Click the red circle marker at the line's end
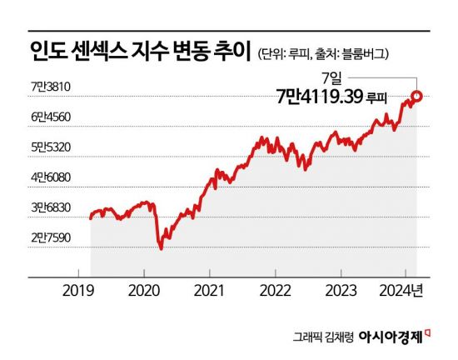(416, 97)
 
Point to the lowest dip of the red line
(161, 248)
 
